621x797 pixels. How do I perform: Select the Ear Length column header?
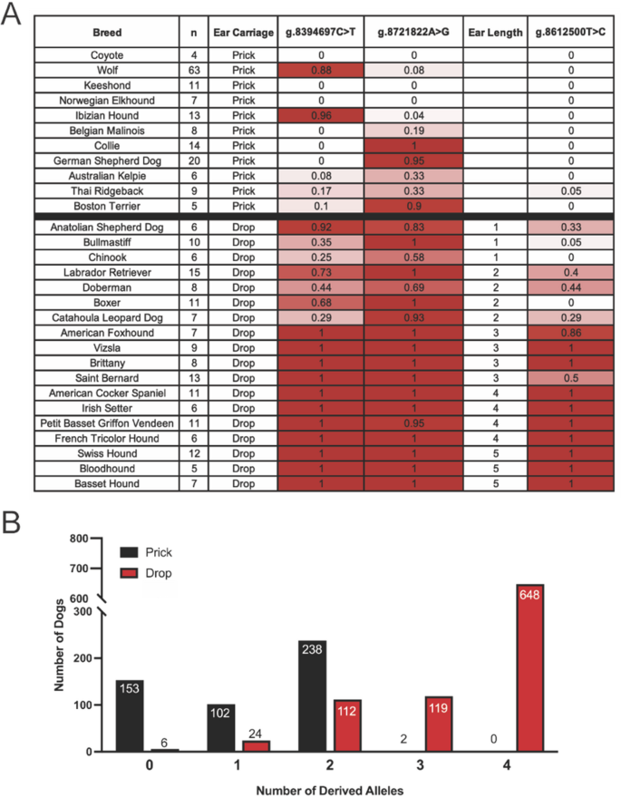[x=495, y=32]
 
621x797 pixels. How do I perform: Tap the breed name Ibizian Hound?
[x=107, y=115]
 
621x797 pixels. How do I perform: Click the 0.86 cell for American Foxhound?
[x=568, y=333]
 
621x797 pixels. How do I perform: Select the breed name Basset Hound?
[x=107, y=484]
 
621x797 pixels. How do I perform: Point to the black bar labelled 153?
[x=130, y=715]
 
